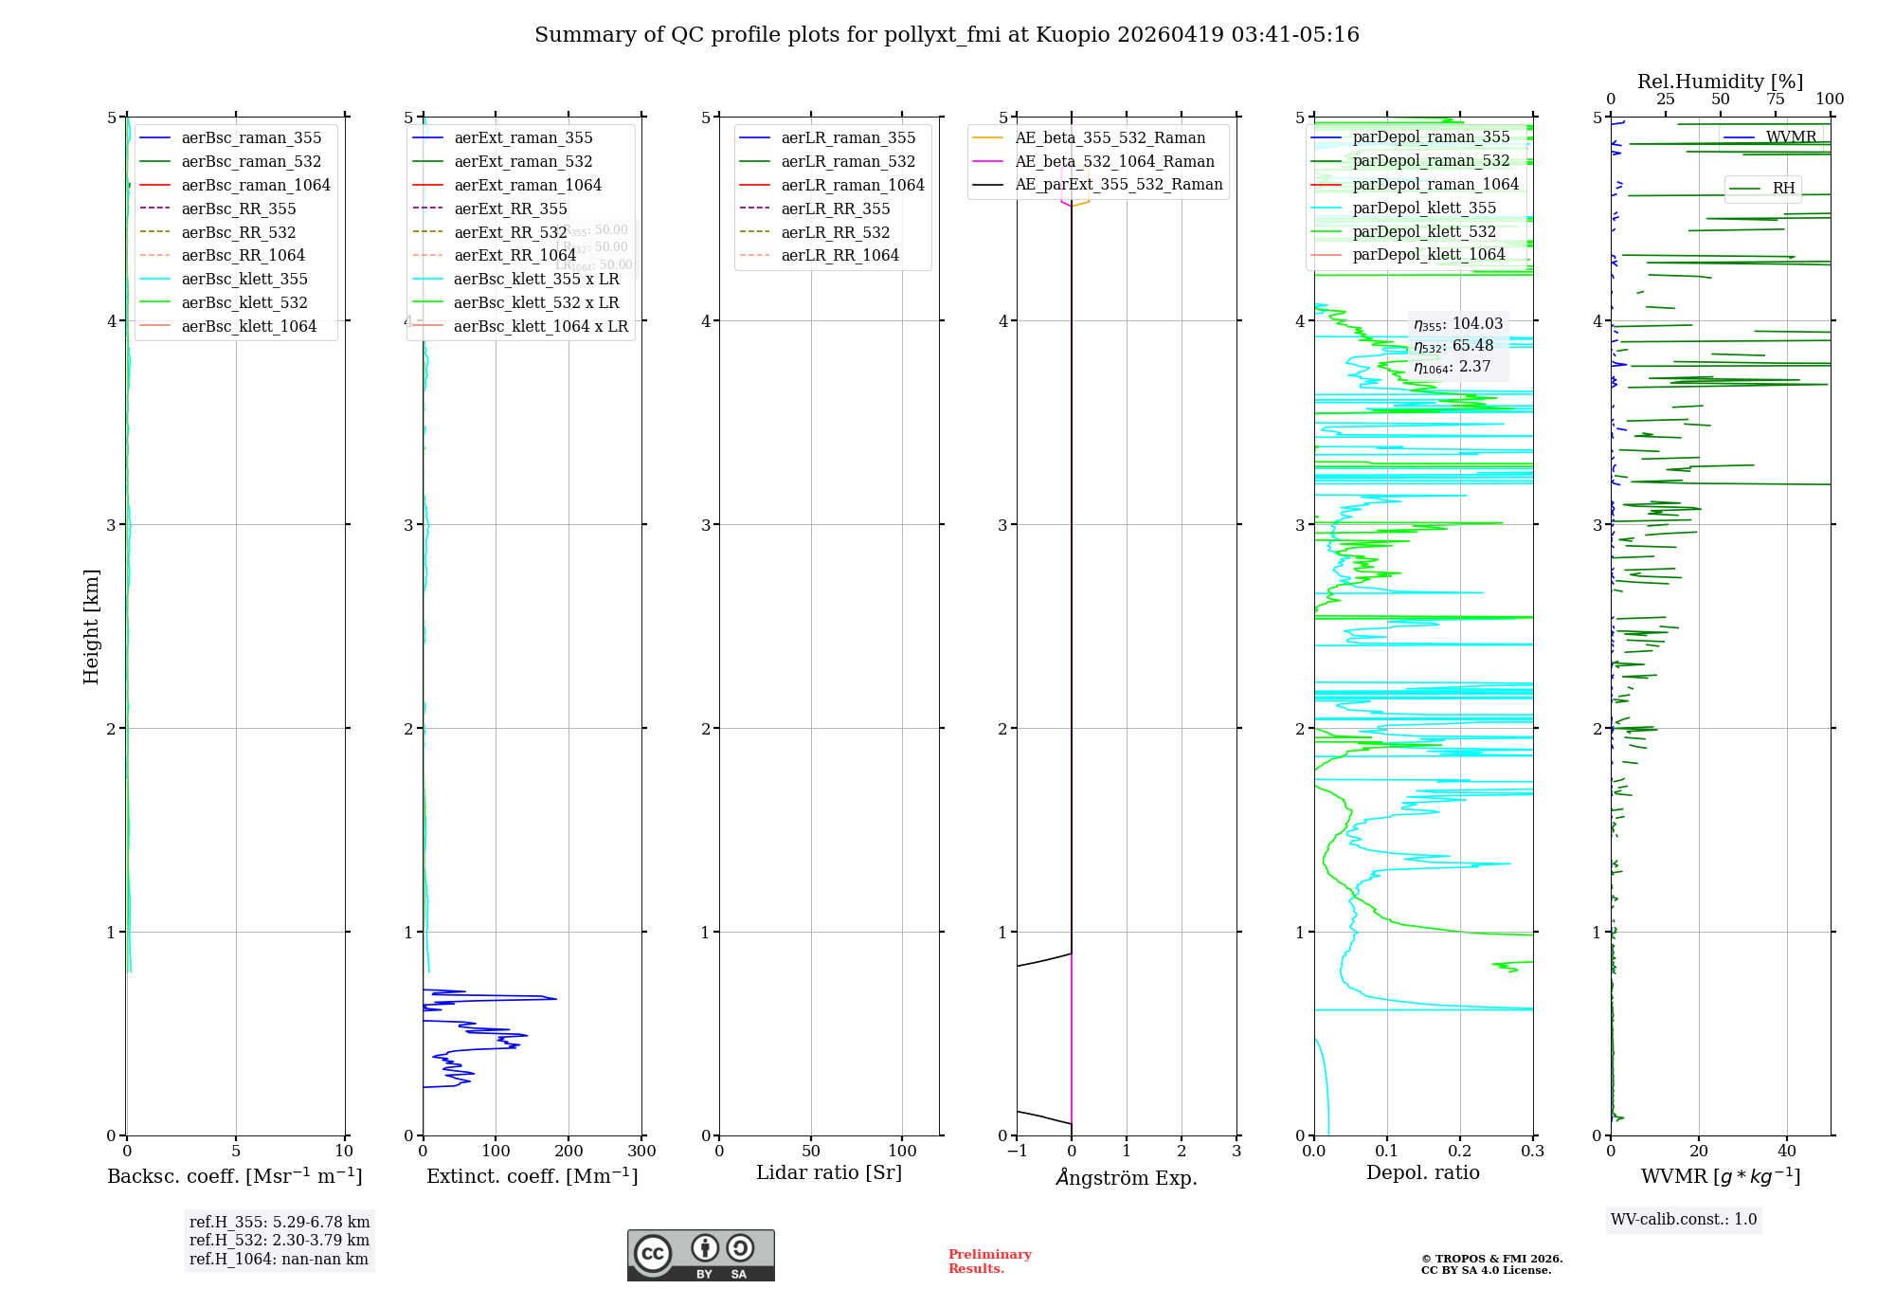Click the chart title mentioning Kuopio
pyautogui.click(x=947, y=35)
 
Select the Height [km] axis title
pyautogui.click(x=91, y=626)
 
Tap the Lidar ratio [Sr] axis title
pyautogui.click(x=829, y=1172)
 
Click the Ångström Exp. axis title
pyautogui.click(x=1127, y=1177)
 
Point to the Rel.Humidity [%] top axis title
pyautogui.click(x=1720, y=82)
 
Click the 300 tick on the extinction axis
pyautogui.click(x=641, y=1151)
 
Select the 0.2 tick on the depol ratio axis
pyautogui.click(x=1460, y=1151)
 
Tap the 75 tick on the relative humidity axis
pyautogui.click(x=1775, y=100)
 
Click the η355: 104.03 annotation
pyautogui.click(x=1458, y=324)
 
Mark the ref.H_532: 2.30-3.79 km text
pyautogui.click(x=279, y=1240)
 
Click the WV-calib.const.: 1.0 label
pyautogui.click(x=1684, y=1219)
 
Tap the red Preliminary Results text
pyautogui.click(x=989, y=1261)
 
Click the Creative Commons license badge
pyautogui.click(x=700, y=1255)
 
